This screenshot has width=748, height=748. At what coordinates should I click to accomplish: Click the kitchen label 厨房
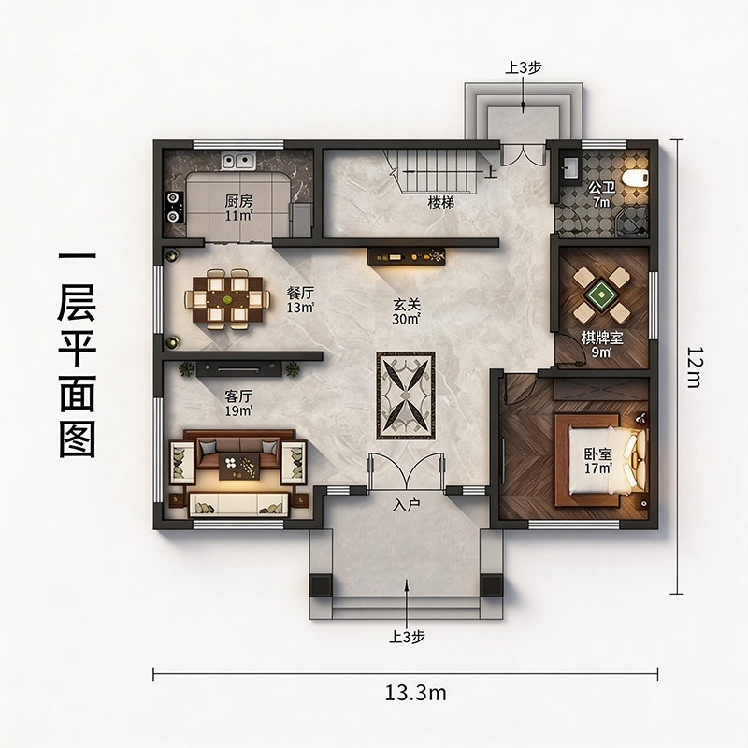238,201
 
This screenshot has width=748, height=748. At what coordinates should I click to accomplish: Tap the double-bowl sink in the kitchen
238,161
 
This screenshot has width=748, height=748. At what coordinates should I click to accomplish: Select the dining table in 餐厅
227,299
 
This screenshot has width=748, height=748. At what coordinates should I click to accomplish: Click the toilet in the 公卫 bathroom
637,178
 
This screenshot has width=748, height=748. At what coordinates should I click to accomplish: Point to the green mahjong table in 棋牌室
601,294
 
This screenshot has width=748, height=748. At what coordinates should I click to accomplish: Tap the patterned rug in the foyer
406,396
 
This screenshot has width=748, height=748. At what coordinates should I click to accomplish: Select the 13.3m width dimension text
415,693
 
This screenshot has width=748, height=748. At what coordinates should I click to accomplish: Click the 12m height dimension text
693,367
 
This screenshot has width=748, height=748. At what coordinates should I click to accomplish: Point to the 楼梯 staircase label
440,202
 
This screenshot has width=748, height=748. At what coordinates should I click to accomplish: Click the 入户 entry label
406,505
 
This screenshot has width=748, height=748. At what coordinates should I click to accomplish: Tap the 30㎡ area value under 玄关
406,319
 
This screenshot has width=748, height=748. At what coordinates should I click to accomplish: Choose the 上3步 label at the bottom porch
407,637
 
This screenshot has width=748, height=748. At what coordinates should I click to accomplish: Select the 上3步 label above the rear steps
524,67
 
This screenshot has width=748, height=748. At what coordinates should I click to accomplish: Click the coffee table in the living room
239,466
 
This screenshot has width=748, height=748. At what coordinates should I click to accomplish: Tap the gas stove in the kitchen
173,207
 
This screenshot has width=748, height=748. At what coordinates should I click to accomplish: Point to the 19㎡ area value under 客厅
238,410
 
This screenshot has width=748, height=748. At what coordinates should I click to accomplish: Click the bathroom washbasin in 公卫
570,168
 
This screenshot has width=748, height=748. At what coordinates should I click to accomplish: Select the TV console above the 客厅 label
238,368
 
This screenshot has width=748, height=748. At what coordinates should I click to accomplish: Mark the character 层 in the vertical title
77,303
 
